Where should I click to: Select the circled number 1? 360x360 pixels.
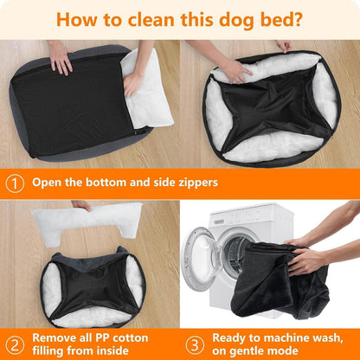click(15, 183)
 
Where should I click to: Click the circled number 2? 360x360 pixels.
click(15, 340)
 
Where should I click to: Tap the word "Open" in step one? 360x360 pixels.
click(48, 183)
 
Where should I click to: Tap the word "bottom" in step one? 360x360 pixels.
click(107, 183)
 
